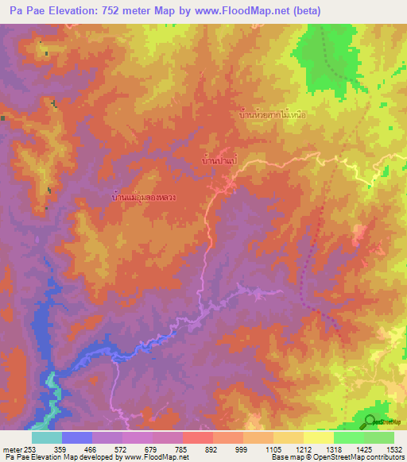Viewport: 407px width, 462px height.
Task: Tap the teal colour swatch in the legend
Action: pyautogui.click(x=47, y=437)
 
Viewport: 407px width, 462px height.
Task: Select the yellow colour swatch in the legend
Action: pyautogui.click(x=319, y=437)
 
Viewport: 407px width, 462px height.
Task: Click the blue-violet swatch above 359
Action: pyautogui.click(x=77, y=437)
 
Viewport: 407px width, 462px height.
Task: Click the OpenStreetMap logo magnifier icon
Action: pyautogui.click(x=370, y=422)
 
